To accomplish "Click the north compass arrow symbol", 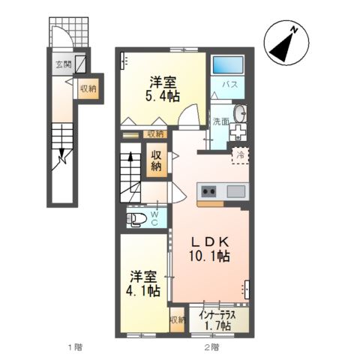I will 283,45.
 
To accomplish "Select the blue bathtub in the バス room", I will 229,65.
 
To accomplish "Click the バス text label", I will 230,85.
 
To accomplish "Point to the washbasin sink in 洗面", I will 239,114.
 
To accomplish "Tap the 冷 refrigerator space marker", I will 241,154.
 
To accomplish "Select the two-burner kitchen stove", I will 208,191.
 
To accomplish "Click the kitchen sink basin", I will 235,191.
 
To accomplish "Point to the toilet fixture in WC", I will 137,220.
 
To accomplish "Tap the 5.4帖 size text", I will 162,96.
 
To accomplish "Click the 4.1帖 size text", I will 142,290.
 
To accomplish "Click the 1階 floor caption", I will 72,346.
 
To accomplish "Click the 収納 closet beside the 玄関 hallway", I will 88,88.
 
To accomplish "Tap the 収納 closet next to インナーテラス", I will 177,319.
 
